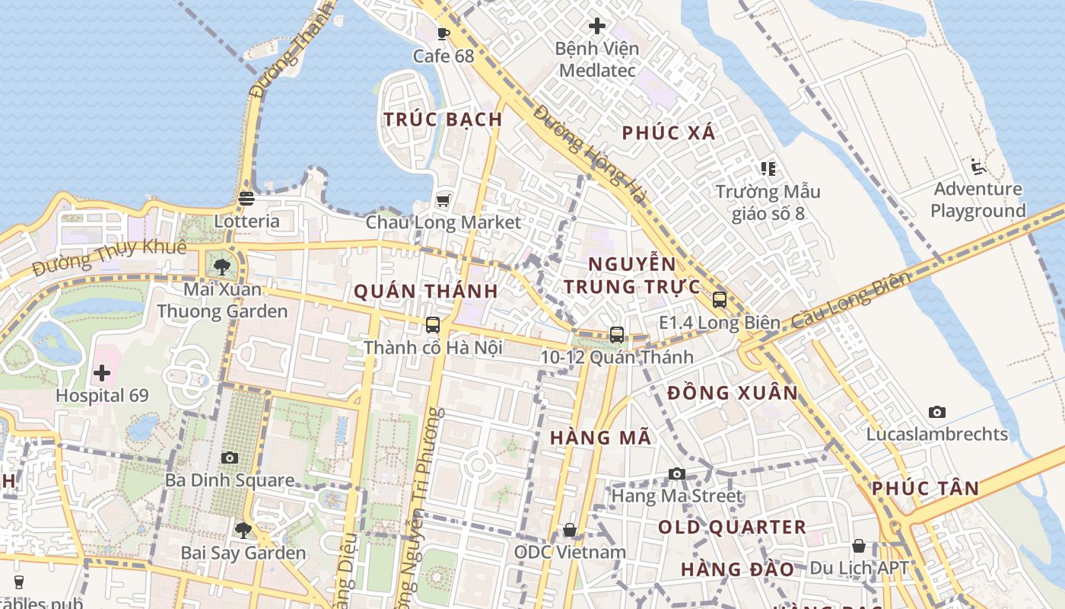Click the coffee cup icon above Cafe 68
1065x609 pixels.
pyautogui.click(x=443, y=33)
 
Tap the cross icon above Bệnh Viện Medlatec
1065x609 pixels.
pyautogui.click(x=597, y=26)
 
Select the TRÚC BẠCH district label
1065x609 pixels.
pyautogui.click(x=443, y=120)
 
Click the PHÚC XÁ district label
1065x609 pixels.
pyautogui.click(x=669, y=133)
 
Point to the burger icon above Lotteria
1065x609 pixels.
pyautogui.click(x=246, y=199)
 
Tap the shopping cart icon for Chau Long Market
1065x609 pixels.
pyautogui.click(x=443, y=200)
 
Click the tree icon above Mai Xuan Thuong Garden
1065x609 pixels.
pyautogui.click(x=222, y=266)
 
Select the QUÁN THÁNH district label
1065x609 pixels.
pyautogui.click(x=426, y=291)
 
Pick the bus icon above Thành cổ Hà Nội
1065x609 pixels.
pyautogui.click(x=433, y=325)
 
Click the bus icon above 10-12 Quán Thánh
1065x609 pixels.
pyautogui.click(x=617, y=334)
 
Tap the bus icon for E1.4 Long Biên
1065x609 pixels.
pyautogui.click(x=720, y=300)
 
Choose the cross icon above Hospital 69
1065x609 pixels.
pyautogui.click(x=102, y=373)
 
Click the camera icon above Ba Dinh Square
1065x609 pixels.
pyautogui.click(x=230, y=458)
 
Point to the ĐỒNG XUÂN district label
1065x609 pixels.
pyautogui.click(x=733, y=394)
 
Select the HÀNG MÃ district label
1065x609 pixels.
pyautogui.click(x=600, y=438)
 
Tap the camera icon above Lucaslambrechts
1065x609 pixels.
pyautogui.click(x=937, y=412)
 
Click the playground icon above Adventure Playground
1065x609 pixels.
pyautogui.click(x=978, y=167)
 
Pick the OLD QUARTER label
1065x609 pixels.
pyautogui.click(x=732, y=528)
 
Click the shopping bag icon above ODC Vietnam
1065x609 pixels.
pyautogui.click(x=570, y=530)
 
